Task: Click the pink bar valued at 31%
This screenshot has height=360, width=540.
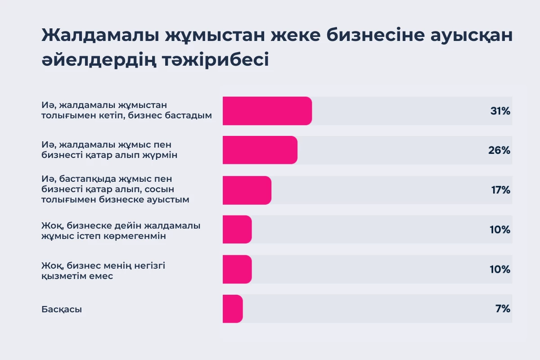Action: (x=267, y=111)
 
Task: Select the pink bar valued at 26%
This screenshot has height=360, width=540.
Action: (x=260, y=150)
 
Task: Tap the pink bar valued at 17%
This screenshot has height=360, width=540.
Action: (x=247, y=190)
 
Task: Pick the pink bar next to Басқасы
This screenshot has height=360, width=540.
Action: (x=233, y=309)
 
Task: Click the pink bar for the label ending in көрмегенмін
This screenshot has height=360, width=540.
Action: (x=237, y=229)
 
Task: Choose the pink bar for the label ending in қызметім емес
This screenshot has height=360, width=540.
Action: (x=237, y=269)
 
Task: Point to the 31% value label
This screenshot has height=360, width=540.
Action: (x=500, y=111)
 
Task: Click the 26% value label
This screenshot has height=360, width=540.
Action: (x=499, y=150)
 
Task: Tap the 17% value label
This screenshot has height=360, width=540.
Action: (x=500, y=190)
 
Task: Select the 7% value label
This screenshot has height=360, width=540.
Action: (x=503, y=309)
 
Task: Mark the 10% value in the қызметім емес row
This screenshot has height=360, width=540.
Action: (x=499, y=269)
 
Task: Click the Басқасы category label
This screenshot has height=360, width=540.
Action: (x=62, y=310)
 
